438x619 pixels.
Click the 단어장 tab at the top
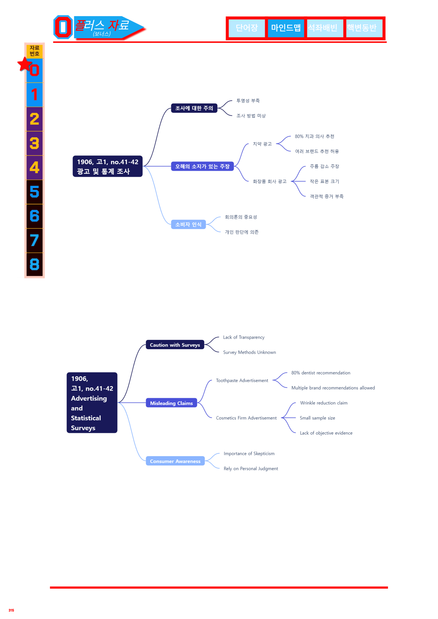click(x=247, y=28)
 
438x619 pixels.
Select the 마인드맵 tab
click(x=286, y=28)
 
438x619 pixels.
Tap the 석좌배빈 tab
click(x=325, y=28)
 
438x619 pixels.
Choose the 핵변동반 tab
click(x=364, y=28)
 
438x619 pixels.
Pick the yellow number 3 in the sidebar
click(x=34, y=143)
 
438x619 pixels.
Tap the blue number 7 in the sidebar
click(x=34, y=240)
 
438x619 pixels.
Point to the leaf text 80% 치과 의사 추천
click(x=314, y=136)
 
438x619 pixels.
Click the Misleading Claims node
click(x=171, y=403)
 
